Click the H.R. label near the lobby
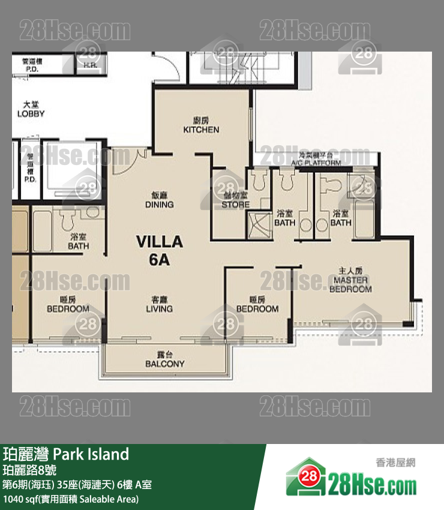coord(91,65)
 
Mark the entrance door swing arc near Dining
coord(131,162)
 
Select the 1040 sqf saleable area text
coord(71,499)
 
